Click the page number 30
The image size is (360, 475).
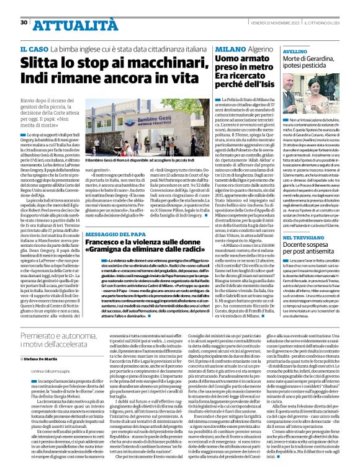coord(24,6)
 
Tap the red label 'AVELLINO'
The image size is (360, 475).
coord(295,52)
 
